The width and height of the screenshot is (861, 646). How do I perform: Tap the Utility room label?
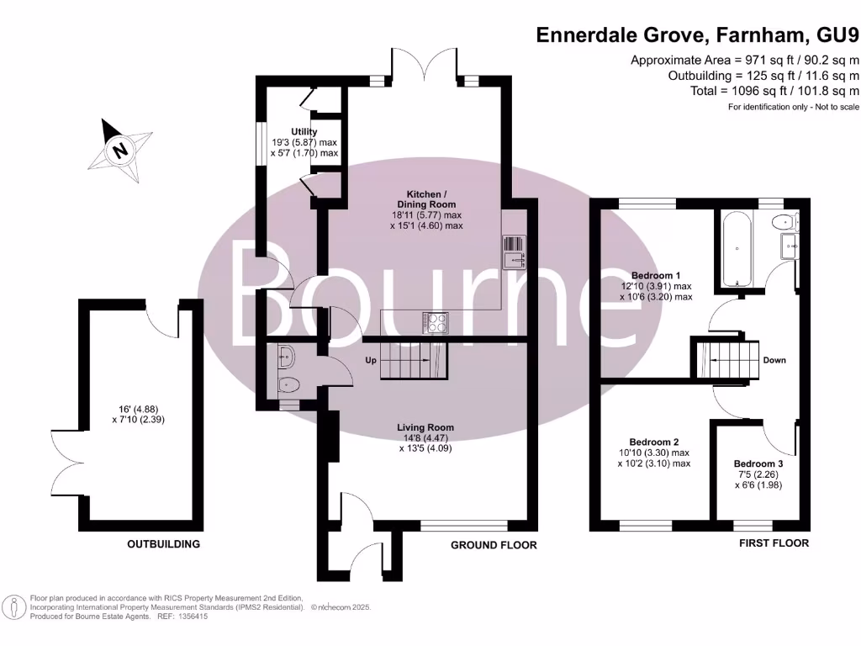[x=304, y=132]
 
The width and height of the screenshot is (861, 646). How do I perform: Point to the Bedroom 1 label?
[x=655, y=275]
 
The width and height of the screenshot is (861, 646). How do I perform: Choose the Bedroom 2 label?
[x=654, y=442]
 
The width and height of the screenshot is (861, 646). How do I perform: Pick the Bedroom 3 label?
[x=758, y=463]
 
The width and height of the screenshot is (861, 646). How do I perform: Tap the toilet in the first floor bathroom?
[x=783, y=223]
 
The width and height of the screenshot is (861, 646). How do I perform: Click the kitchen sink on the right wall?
[x=513, y=252]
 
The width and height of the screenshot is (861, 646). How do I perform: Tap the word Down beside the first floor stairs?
[x=774, y=360]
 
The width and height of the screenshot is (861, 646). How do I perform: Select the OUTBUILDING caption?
[x=164, y=544]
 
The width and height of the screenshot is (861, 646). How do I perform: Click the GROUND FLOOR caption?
[x=494, y=545]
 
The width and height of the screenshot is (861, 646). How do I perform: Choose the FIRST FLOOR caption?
[x=774, y=543]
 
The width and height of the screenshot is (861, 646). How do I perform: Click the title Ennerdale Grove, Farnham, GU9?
[x=697, y=35]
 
